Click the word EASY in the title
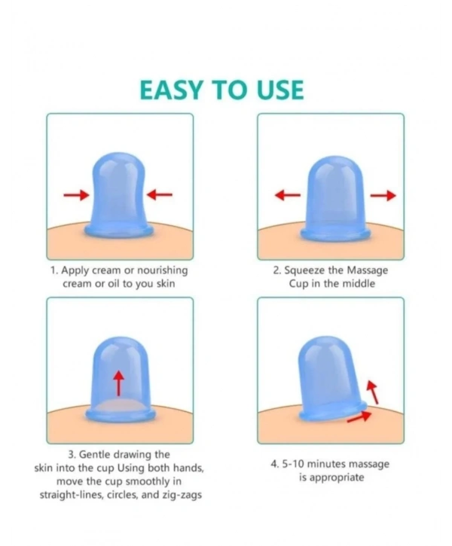click(x=171, y=90)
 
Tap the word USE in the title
click(x=280, y=90)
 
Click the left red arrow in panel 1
click(x=76, y=195)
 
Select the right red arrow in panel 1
click(x=159, y=194)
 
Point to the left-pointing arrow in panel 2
click(x=288, y=195)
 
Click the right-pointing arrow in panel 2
click(x=383, y=196)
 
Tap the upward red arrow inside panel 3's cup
click(x=119, y=383)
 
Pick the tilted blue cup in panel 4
click(x=331, y=378)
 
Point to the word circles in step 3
click(x=124, y=495)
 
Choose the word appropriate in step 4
click(x=337, y=477)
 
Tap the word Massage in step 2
click(x=368, y=271)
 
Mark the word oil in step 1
click(x=113, y=284)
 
